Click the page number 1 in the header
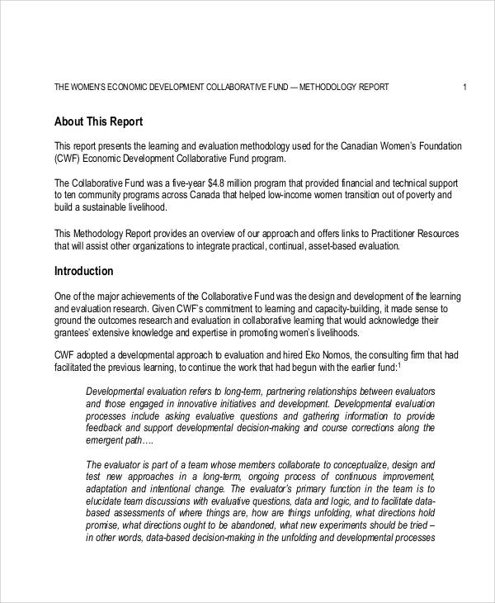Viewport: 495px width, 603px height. tap(465, 87)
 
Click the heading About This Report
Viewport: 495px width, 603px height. tap(98, 121)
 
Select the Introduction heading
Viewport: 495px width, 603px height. tap(83, 271)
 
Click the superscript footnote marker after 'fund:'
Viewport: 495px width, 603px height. tap(399, 365)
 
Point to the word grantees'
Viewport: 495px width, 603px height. tap(73, 333)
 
